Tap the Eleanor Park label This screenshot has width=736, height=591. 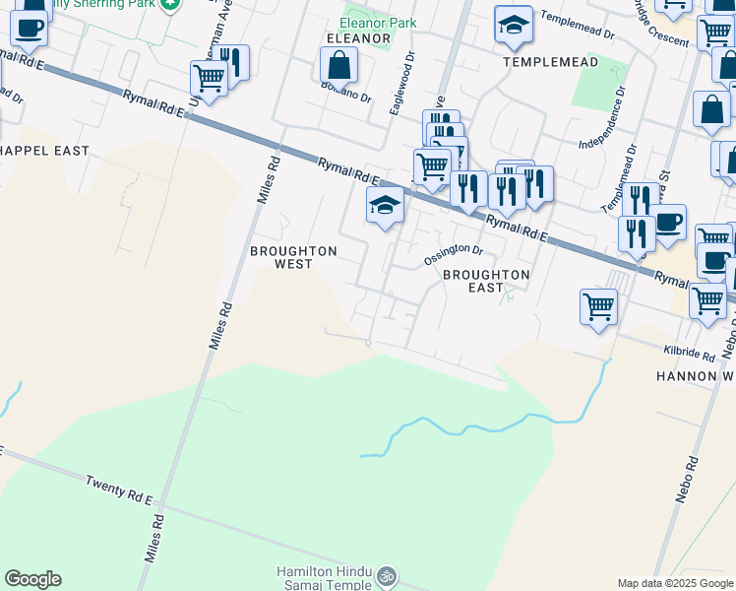pyautogui.click(x=378, y=23)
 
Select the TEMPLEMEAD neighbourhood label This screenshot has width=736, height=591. pyautogui.click(x=550, y=61)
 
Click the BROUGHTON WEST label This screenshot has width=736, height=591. pyautogui.click(x=293, y=257)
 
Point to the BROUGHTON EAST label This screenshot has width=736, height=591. pyautogui.click(x=486, y=281)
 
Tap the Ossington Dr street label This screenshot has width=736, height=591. pyautogui.click(x=453, y=255)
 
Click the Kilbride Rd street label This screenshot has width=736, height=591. pyautogui.click(x=688, y=352)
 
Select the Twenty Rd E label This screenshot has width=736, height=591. pyautogui.click(x=119, y=490)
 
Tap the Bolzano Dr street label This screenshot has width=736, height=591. pyautogui.click(x=344, y=95)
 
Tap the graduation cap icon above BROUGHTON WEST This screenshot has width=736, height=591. pyautogui.click(x=385, y=206)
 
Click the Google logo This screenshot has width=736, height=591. pyautogui.click(x=32, y=579)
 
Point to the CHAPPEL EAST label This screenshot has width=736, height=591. pyautogui.click(x=45, y=151)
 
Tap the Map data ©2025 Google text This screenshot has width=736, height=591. pyautogui.click(x=675, y=583)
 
